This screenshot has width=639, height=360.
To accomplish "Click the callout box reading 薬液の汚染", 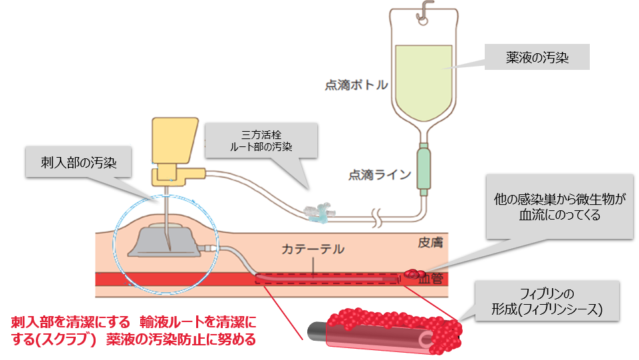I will [535, 57].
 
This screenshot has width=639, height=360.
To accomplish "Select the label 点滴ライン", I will [380, 175].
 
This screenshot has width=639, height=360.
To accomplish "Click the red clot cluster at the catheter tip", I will [414, 273].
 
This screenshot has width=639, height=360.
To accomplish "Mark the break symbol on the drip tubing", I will [378, 216].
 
